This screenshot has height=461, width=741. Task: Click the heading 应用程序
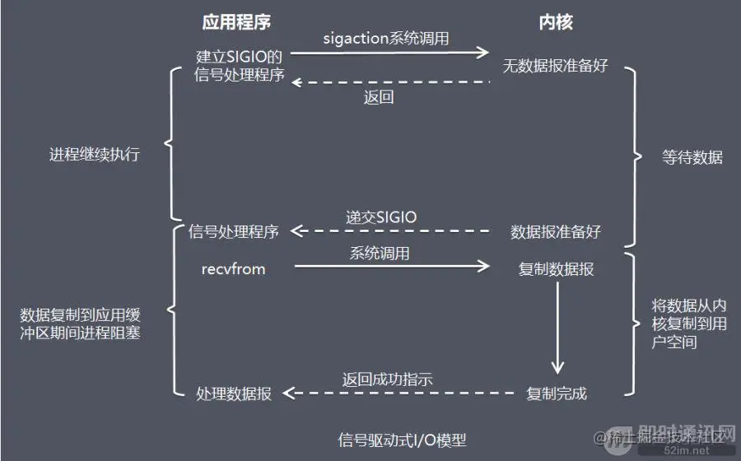236,22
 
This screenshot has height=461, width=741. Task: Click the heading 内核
556,22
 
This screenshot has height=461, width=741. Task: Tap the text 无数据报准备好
556,64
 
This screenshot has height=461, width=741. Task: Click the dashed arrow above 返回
391,81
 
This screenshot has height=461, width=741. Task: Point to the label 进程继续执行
95,155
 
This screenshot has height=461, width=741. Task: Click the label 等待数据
692,157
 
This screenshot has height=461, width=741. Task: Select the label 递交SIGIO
381,217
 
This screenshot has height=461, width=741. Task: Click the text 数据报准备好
556,232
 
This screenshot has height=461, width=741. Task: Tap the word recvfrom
234,268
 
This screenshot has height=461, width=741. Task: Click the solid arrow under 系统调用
391,266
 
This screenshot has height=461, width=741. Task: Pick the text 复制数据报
556,269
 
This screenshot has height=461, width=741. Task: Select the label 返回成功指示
387,379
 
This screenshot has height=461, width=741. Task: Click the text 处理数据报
234,393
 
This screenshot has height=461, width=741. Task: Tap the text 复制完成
557,393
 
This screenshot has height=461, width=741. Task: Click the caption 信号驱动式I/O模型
407,439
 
